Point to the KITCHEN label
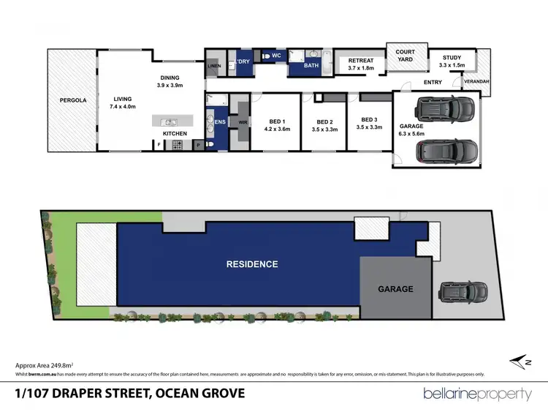pos(175,133)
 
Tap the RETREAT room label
pos(361,64)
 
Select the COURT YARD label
pos(405,56)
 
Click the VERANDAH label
pos(477,82)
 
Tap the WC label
pos(276,55)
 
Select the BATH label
pos(311,66)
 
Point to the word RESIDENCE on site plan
pos(251,264)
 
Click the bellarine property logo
pos(477,394)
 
